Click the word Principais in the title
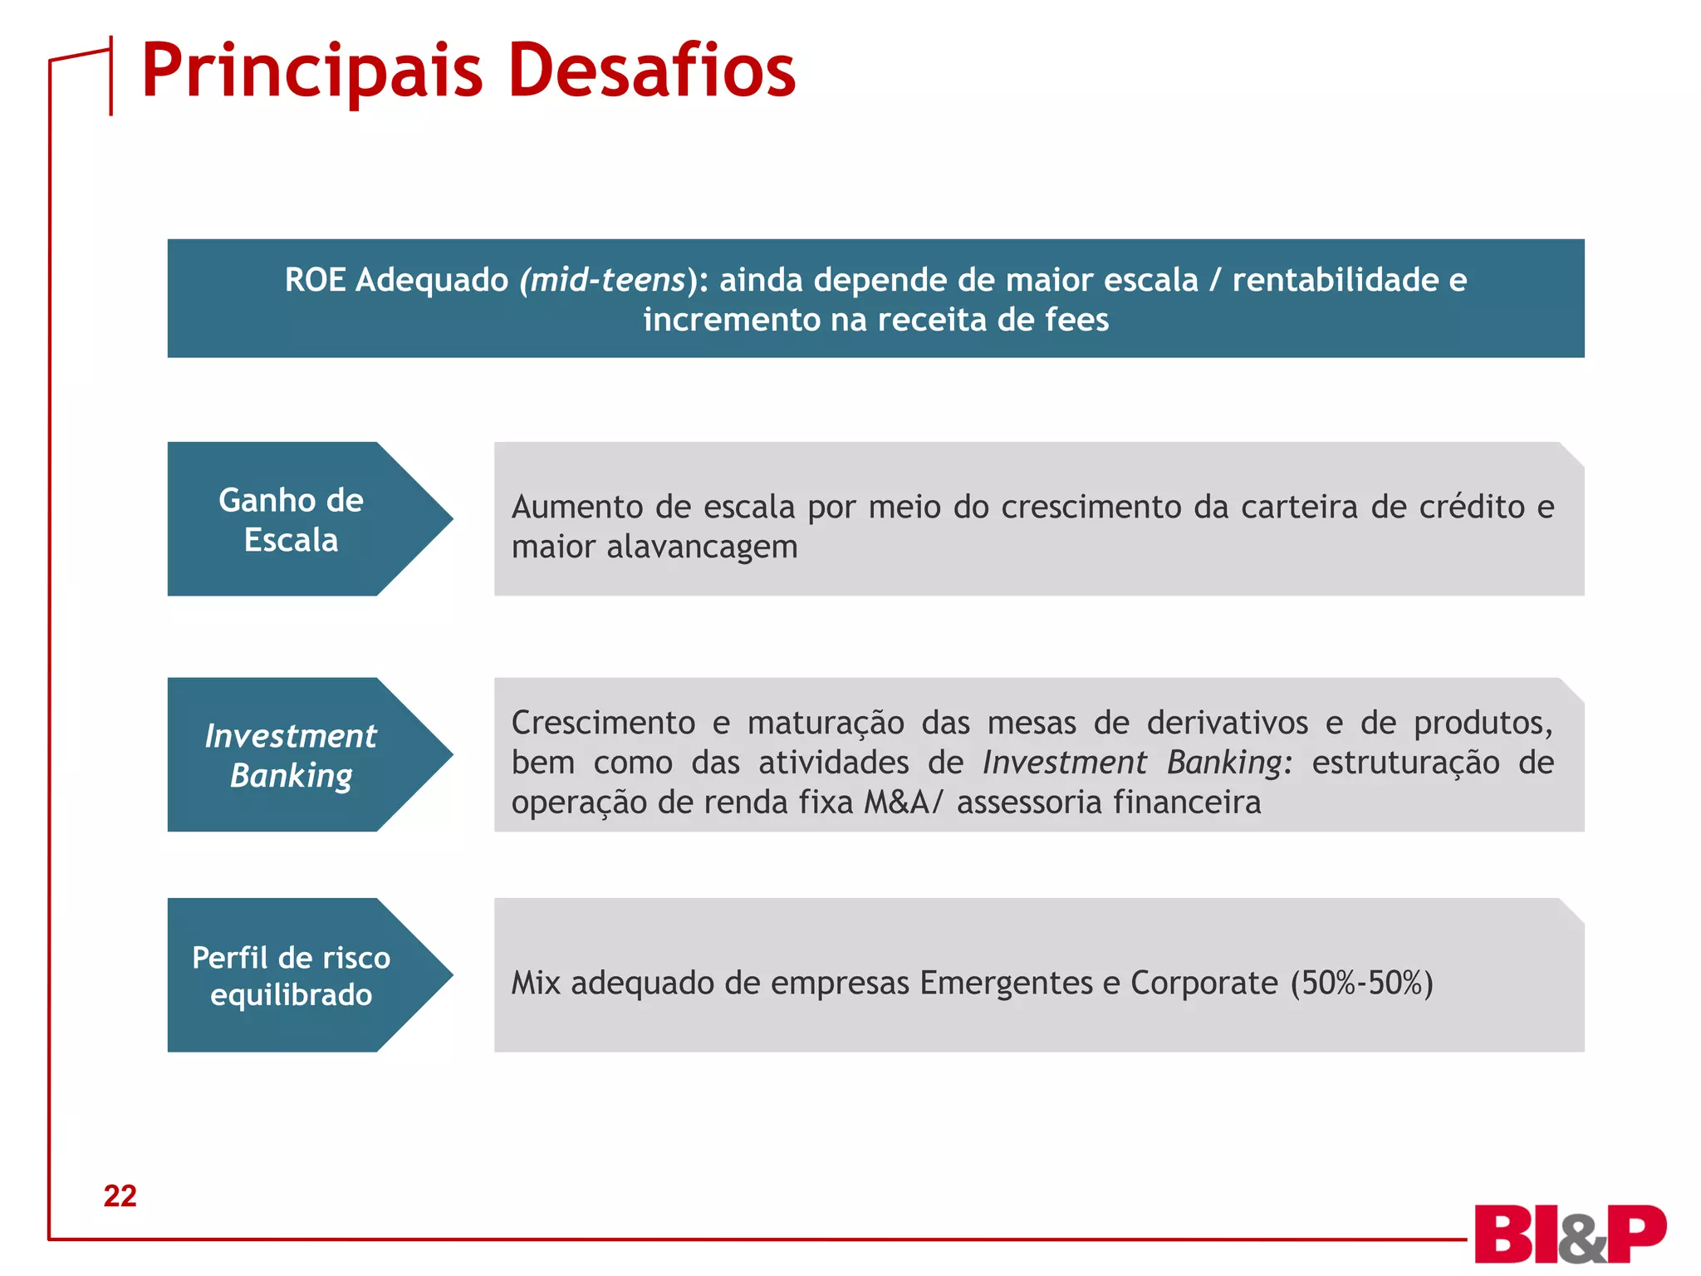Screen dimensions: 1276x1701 pyautogui.click(x=311, y=71)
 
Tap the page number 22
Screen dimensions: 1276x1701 pyautogui.click(x=120, y=1195)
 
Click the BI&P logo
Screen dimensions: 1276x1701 pyautogui.click(x=1569, y=1235)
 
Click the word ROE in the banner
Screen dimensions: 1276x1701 pyautogui.click(x=315, y=280)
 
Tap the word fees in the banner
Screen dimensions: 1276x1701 pyautogui.click(x=1076, y=320)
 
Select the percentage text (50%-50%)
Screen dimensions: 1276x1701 pyautogui.click(x=1361, y=983)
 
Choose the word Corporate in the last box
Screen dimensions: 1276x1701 pyautogui.click(x=1203, y=983)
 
